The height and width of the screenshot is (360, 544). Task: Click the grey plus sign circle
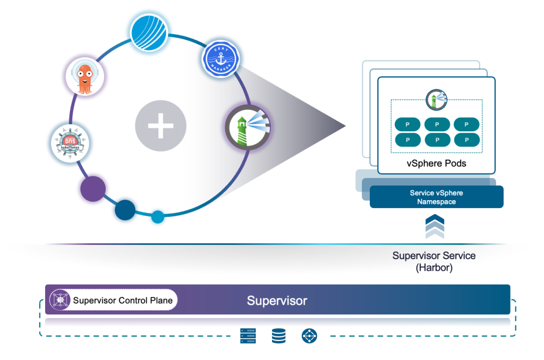pyautogui.click(x=160, y=126)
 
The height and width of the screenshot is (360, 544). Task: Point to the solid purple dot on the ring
pyautogui.click(x=93, y=188)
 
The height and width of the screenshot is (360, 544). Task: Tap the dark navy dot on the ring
pyautogui.click(x=126, y=209)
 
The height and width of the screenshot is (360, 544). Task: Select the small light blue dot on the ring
pyautogui.click(x=158, y=217)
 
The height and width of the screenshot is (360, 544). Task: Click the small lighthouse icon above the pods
pyautogui.click(x=437, y=99)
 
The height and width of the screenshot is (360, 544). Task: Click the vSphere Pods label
pyautogui.click(x=436, y=163)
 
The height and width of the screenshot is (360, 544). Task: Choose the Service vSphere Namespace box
pyautogui.click(x=436, y=197)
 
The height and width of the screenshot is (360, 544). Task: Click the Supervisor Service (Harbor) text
pyautogui.click(x=434, y=261)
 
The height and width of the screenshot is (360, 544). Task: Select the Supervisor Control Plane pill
pyautogui.click(x=113, y=301)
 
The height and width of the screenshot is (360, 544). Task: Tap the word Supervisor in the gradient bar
pyautogui.click(x=277, y=301)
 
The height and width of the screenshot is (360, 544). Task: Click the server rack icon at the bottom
pyautogui.click(x=248, y=336)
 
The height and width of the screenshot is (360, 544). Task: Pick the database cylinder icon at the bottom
pyautogui.click(x=278, y=336)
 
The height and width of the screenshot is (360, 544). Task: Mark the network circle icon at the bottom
pyautogui.click(x=309, y=336)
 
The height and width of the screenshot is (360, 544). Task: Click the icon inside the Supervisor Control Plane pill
pyautogui.click(x=60, y=301)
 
